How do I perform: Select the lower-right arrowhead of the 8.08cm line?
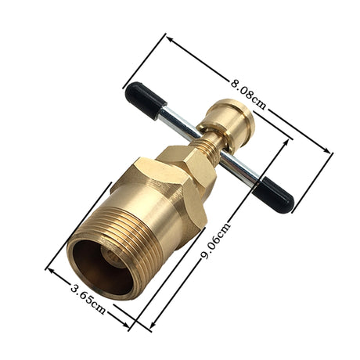(331, 153)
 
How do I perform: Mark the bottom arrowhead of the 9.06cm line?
(152, 328)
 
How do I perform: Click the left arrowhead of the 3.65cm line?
(48, 268)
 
